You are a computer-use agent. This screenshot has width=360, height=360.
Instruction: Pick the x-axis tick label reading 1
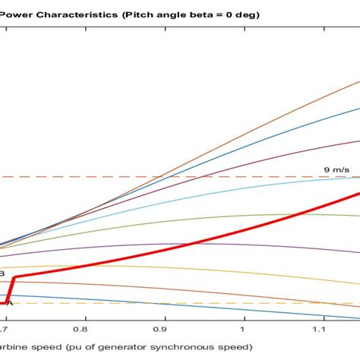tap(243, 331)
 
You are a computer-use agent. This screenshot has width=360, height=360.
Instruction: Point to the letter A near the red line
tap(9, 303)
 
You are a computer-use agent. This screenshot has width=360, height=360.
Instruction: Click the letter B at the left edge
tap(2, 273)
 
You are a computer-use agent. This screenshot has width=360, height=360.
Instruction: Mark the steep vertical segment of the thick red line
tap(11, 290)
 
